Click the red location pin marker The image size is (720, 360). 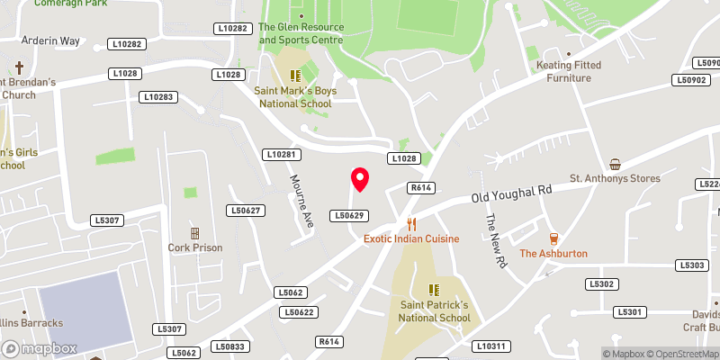click(x=360, y=180)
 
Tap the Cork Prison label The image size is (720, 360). click(x=194, y=247)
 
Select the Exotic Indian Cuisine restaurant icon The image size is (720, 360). click(x=411, y=224)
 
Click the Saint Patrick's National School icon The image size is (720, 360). click(x=435, y=290)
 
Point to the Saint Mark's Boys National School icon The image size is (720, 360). click(x=295, y=76)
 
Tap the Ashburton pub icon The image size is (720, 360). click(x=553, y=238)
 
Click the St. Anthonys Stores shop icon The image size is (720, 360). click(x=615, y=164)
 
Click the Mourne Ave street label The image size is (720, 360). click(x=301, y=199)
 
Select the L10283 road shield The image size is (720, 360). click(x=157, y=96)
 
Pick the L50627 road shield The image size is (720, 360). click(x=245, y=211)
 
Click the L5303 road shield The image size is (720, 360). click(x=693, y=265)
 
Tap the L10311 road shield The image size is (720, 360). click(x=492, y=346)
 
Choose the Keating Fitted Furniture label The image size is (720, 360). click(x=576, y=71)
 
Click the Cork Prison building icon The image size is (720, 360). click(x=194, y=233)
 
